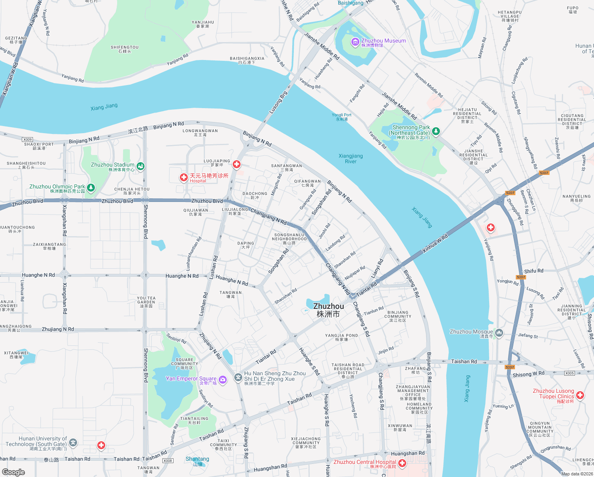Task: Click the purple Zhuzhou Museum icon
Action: (x=355, y=42)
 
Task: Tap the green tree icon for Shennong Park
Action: (x=436, y=131)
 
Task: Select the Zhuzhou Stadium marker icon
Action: (x=140, y=166)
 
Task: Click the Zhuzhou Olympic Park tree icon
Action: (x=91, y=188)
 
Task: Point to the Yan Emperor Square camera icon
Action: (x=223, y=380)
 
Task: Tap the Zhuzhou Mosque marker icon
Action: (x=499, y=333)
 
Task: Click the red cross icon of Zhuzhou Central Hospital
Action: (x=402, y=463)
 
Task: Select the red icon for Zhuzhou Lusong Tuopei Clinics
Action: (x=580, y=395)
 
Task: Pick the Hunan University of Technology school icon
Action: (x=73, y=442)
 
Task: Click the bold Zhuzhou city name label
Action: (x=328, y=310)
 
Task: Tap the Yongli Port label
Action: (x=341, y=117)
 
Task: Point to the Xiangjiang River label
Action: (x=351, y=159)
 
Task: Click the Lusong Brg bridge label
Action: (x=278, y=103)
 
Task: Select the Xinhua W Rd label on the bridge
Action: (x=435, y=243)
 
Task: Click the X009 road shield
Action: (x=27, y=140)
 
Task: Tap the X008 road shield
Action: (x=168, y=461)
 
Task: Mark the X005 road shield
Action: (x=569, y=373)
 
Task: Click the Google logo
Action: (x=13, y=472)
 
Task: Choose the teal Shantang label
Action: (x=197, y=461)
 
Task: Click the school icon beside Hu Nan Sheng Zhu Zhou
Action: (x=238, y=378)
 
